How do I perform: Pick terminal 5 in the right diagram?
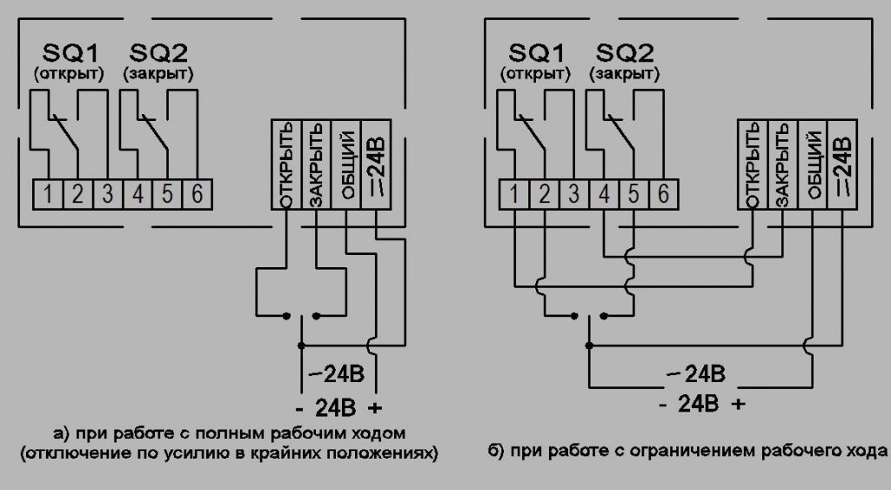pos(633,193)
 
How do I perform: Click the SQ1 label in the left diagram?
pos(68,52)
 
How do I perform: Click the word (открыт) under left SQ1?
pos(68,74)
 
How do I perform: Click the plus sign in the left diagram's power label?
pos(376,407)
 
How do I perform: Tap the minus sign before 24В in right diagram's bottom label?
pos(664,404)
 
